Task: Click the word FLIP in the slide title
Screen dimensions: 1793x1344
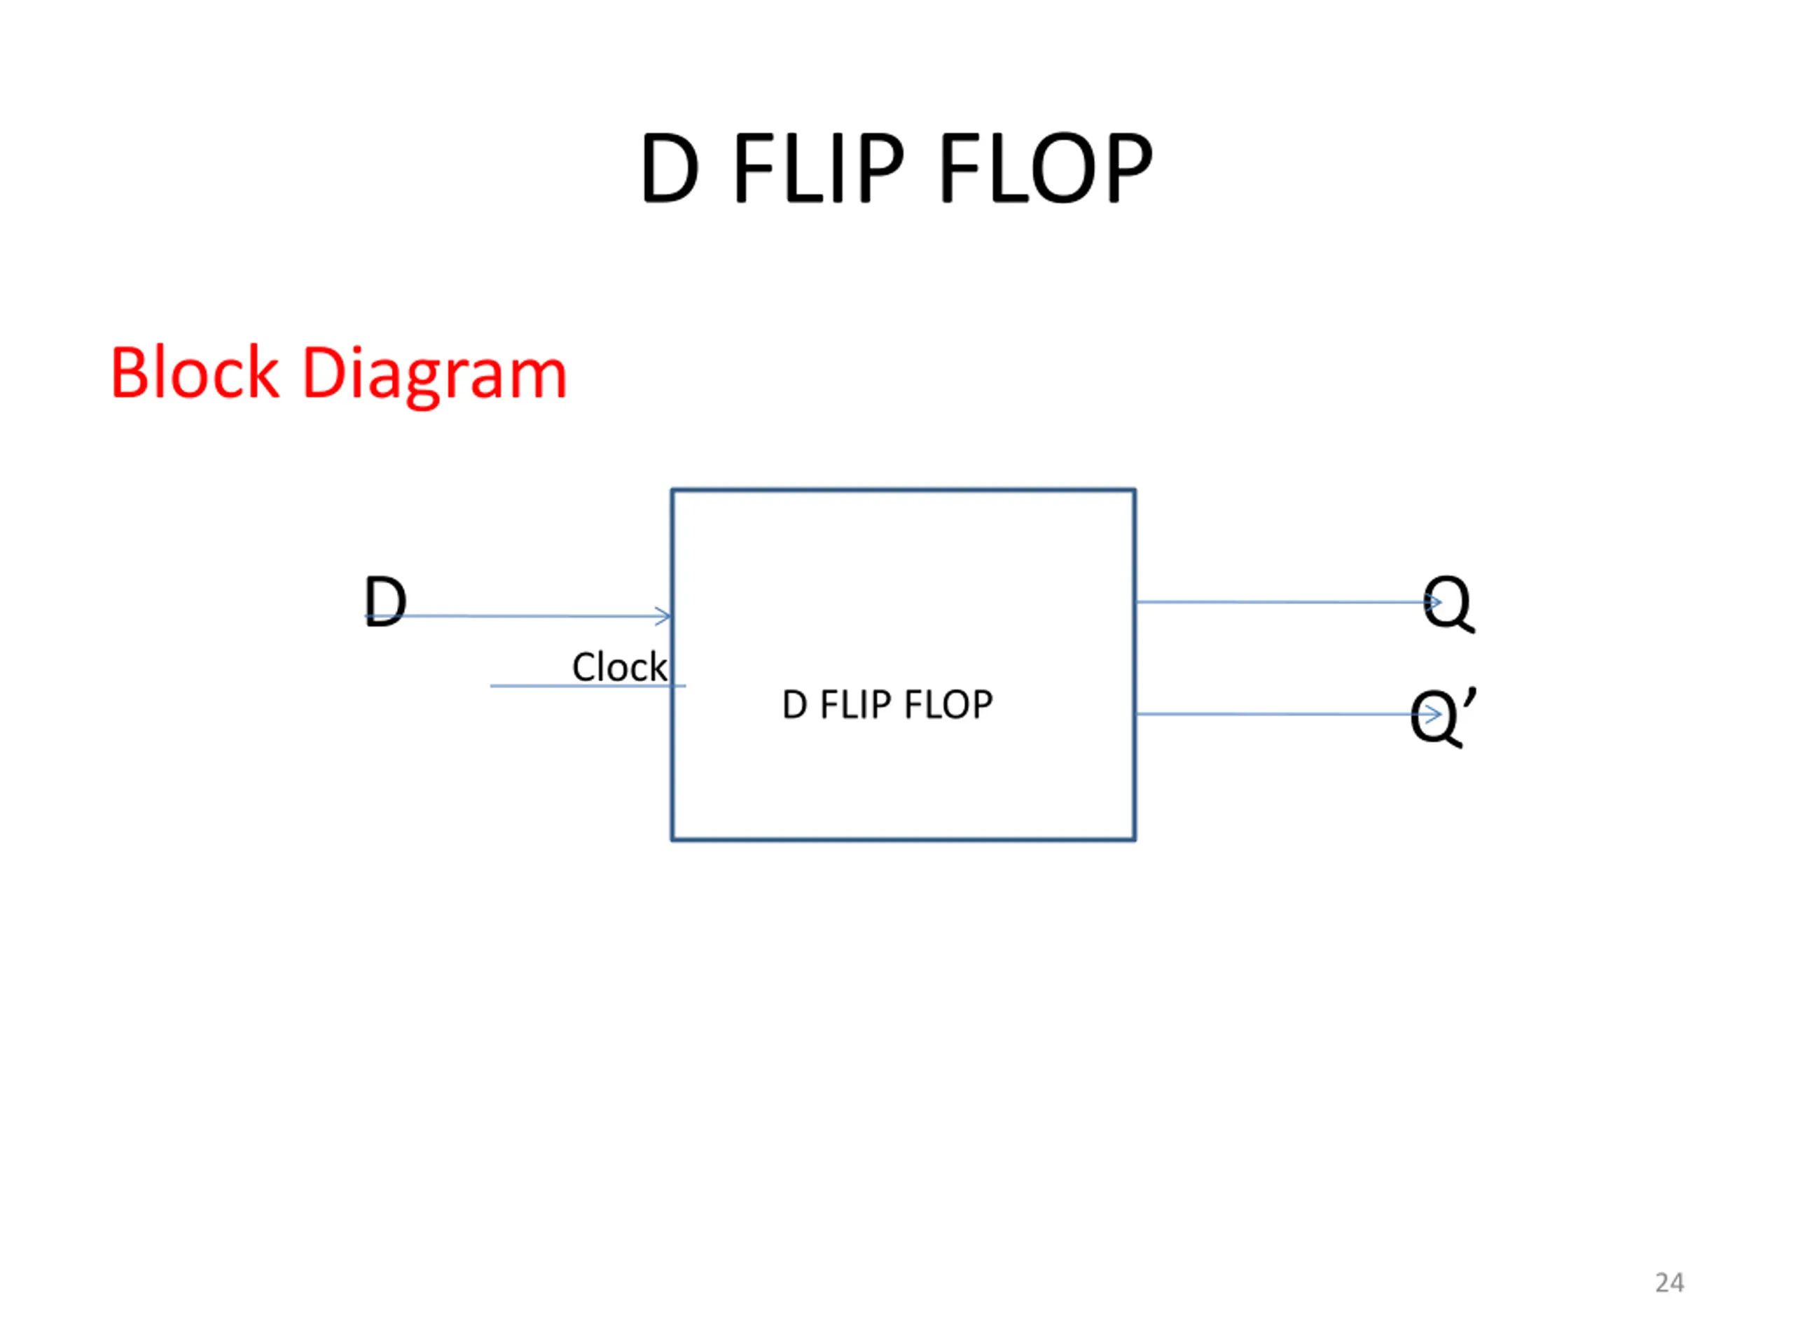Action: click(x=818, y=168)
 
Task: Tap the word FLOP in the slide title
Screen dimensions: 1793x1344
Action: click(x=1045, y=168)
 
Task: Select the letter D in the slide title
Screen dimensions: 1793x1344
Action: click(x=670, y=169)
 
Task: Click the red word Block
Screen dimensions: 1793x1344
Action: click(x=195, y=372)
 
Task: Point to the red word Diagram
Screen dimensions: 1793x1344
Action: click(x=434, y=377)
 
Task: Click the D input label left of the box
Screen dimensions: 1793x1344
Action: click(x=385, y=601)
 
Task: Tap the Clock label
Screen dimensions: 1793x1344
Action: click(x=619, y=666)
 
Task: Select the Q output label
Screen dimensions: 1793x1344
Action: click(x=1448, y=603)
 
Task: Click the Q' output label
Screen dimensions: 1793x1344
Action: click(x=1443, y=716)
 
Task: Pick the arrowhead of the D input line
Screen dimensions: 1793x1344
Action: click(x=664, y=616)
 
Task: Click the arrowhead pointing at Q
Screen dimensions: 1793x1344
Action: click(x=1433, y=602)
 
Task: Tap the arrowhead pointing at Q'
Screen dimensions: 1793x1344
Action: click(x=1433, y=714)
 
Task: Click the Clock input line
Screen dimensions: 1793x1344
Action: click(x=588, y=686)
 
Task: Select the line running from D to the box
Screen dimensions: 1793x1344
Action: click(x=518, y=616)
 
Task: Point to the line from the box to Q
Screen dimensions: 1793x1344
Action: click(x=1288, y=602)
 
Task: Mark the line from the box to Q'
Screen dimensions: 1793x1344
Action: click(x=1288, y=714)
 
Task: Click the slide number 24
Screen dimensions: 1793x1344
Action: click(x=1669, y=1282)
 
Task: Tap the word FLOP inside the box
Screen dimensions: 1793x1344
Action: click(x=948, y=705)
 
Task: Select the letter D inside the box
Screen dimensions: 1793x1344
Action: click(x=794, y=705)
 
